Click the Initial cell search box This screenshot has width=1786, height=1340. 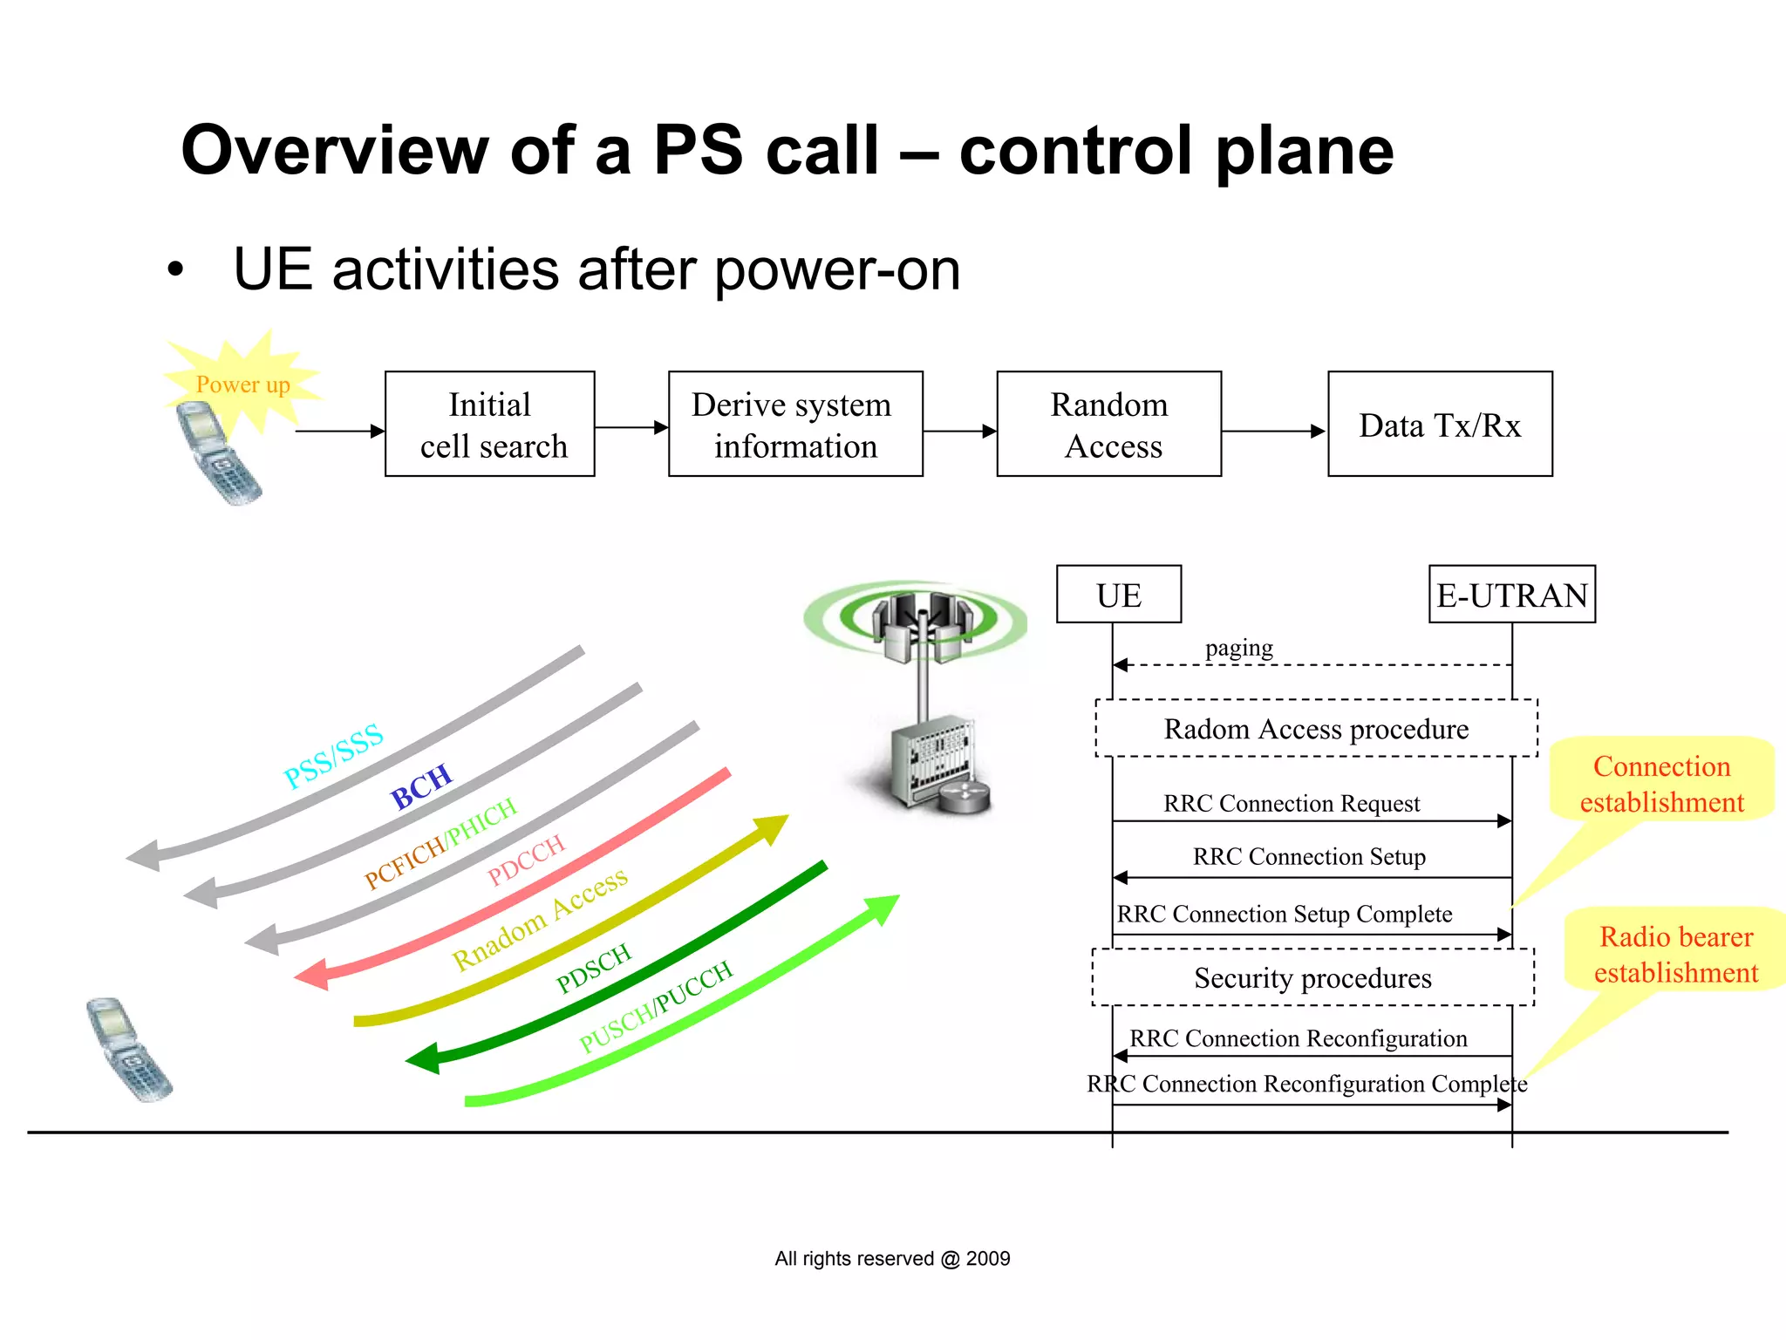(489, 425)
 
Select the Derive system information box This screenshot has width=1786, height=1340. (794, 425)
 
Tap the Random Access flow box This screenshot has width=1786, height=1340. (1108, 425)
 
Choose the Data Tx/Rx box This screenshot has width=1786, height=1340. (1439, 425)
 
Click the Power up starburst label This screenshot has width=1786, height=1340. (242, 384)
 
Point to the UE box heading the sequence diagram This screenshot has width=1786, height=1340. (1118, 595)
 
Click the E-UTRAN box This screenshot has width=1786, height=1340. (1511, 595)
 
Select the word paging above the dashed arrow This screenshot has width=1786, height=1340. (1238, 648)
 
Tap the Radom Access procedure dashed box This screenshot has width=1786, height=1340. (1315, 728)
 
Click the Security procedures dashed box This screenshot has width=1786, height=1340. (1312, 977)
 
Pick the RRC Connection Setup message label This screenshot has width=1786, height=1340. (1308, 857)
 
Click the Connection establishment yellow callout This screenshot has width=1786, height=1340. (1661, 783)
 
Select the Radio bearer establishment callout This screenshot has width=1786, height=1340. (1675, 954)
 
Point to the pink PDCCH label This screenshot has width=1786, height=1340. (526, 860)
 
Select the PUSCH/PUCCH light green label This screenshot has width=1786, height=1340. (656, 1007)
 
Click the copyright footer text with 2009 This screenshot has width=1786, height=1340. (891, 1258)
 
